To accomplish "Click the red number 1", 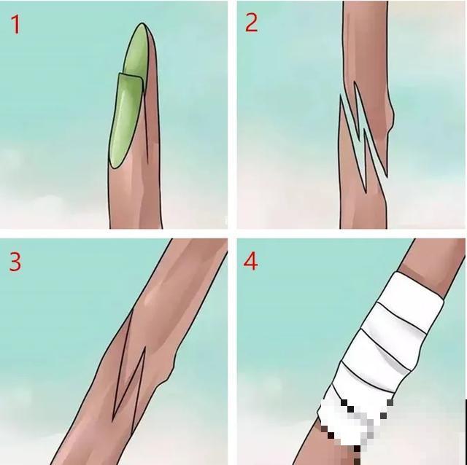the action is click(16, 24).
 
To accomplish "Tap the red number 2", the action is click(251, 23).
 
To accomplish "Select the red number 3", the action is click(15, 262).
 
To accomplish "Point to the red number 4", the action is click(251, 262).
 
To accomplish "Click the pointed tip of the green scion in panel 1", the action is click(142, 24).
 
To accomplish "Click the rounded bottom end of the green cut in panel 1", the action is click(115, 165).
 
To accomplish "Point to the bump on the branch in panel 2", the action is click(391, 118).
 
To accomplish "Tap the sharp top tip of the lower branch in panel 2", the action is click(341, 95).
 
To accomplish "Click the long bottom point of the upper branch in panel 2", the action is click(387, 176).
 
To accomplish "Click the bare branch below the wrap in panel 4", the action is click(328, 449).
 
